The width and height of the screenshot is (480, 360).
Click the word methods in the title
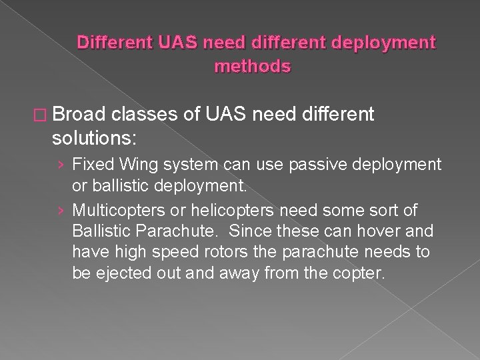tap(253, 67)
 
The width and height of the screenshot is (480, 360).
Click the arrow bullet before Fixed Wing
tap(61, 163)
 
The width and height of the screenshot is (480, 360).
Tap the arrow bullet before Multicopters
tap(61, 211)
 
